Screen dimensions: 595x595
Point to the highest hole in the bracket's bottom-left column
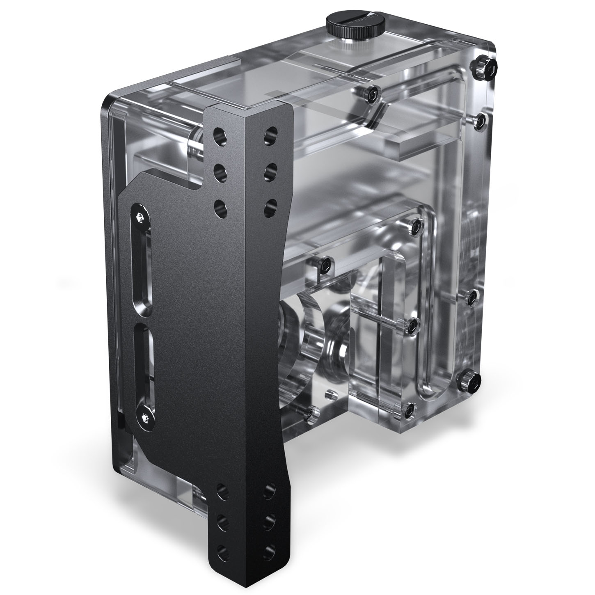(222, 489)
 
